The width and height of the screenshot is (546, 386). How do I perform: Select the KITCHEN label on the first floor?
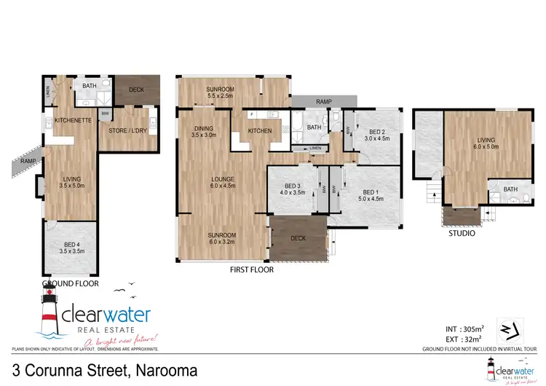coord(260,131)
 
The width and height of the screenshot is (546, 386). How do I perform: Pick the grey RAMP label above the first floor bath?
coord(325,101)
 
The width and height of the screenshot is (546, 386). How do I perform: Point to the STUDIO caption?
coord(462,234)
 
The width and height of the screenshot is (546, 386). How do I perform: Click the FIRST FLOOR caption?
coord(252,270)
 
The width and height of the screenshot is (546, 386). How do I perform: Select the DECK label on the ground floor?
coord(136,90)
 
